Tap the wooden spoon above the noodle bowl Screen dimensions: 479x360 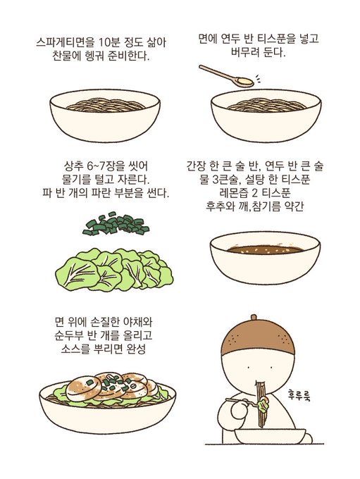225,75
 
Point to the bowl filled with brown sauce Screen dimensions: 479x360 265,256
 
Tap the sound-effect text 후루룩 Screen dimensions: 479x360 304,394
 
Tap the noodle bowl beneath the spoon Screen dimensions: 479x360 265,113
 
